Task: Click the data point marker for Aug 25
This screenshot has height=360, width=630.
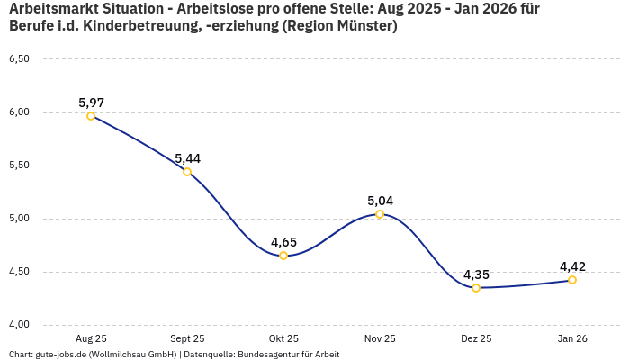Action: [91, 116]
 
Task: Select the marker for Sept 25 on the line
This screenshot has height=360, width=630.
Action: [187, 172]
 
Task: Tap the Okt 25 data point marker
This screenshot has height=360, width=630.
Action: [283, 256]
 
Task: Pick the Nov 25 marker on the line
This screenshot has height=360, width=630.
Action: [380, 214]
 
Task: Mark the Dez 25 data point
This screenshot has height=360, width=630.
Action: [476, 288]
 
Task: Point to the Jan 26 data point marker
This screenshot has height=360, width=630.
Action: [572, 280]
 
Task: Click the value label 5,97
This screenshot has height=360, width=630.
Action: [91, 103]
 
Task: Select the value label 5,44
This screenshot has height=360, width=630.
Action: [187, 158]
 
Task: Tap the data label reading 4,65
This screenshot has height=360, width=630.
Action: [283, 242]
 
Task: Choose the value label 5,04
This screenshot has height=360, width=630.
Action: [380, 201]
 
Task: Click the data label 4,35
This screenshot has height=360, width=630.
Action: [476, 274]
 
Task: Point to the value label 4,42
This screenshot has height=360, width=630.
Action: [572, 266]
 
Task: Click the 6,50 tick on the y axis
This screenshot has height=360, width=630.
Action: [19, 59]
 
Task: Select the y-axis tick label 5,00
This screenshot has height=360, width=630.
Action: [19, 219]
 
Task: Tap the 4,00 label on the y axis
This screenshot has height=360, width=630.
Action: [19, 325]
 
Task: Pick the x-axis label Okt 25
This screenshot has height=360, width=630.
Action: [283, 338]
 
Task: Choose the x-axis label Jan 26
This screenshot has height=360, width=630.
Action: [572, 338]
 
